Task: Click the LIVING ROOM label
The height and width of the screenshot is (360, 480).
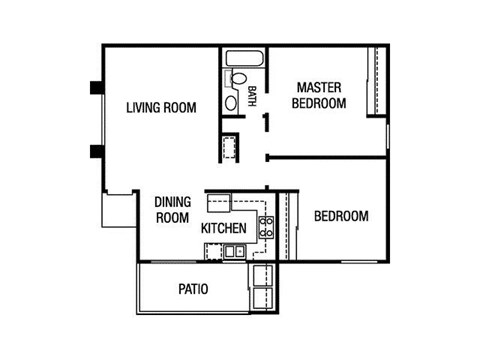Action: pos(160,107)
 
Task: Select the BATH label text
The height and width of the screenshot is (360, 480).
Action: pos(252,97)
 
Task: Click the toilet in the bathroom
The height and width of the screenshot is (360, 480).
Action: pos(240,80)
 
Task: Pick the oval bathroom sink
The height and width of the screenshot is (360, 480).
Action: pos(233,99)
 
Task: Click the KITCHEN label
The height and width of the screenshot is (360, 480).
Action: pos(224,229)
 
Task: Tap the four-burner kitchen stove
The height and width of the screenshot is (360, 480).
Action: pos(266,227)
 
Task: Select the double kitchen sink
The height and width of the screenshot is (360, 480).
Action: pos(234,249)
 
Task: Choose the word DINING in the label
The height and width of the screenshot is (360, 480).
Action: pos(172,201)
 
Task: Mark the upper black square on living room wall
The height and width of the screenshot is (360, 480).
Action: pos(96,88)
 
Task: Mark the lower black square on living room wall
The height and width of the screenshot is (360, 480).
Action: pos(96,152)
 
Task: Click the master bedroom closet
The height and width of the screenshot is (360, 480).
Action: pos(377,80)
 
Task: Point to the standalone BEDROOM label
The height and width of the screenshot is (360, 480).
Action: pos(341,216)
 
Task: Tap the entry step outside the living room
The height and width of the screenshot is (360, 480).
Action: pos(118,213)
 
